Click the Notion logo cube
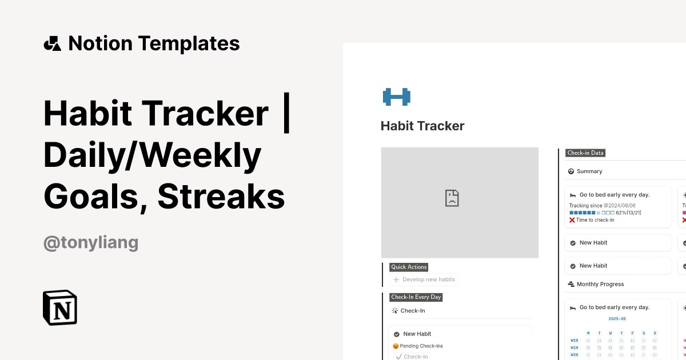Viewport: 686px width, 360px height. [60, 308]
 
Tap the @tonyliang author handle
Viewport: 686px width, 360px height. [91, 242]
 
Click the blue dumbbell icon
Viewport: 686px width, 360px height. [397, 97]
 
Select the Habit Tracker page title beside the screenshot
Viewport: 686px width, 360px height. [422, 126]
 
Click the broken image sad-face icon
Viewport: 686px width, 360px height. [452, 198]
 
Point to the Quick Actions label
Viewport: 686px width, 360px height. [409, 267]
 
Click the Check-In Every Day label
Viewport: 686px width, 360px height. [416, 297]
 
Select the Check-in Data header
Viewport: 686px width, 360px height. [585, 153]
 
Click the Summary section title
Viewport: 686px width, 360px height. [589, 171]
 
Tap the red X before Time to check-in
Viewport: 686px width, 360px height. [572, 220]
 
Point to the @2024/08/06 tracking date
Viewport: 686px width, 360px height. [620, 206]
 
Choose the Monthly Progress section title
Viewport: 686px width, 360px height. [600, 284]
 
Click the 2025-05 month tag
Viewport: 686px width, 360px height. [617, 319]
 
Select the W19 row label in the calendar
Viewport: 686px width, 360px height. [575, 347]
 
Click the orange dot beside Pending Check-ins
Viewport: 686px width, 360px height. [396, 346]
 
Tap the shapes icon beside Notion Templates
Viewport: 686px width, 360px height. [52, 43]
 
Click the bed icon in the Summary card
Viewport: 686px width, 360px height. [572, 195]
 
